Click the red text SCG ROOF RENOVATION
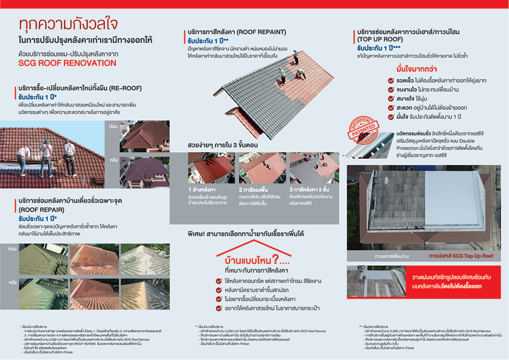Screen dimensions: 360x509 pyautogui.click(x=67, y=63)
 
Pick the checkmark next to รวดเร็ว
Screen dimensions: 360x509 pyautogui.click(x=391, y=81)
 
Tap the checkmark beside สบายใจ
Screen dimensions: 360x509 pyautogui.click(x=391, y=99)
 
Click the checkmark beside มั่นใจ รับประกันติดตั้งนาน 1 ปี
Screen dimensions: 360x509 pyautogui.click(x=391, y=117)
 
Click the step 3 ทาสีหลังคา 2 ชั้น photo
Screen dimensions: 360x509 pyautogui.click(x=314, y=168)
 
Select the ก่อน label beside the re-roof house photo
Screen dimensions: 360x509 pyautogui.click(x=113, y=127)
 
